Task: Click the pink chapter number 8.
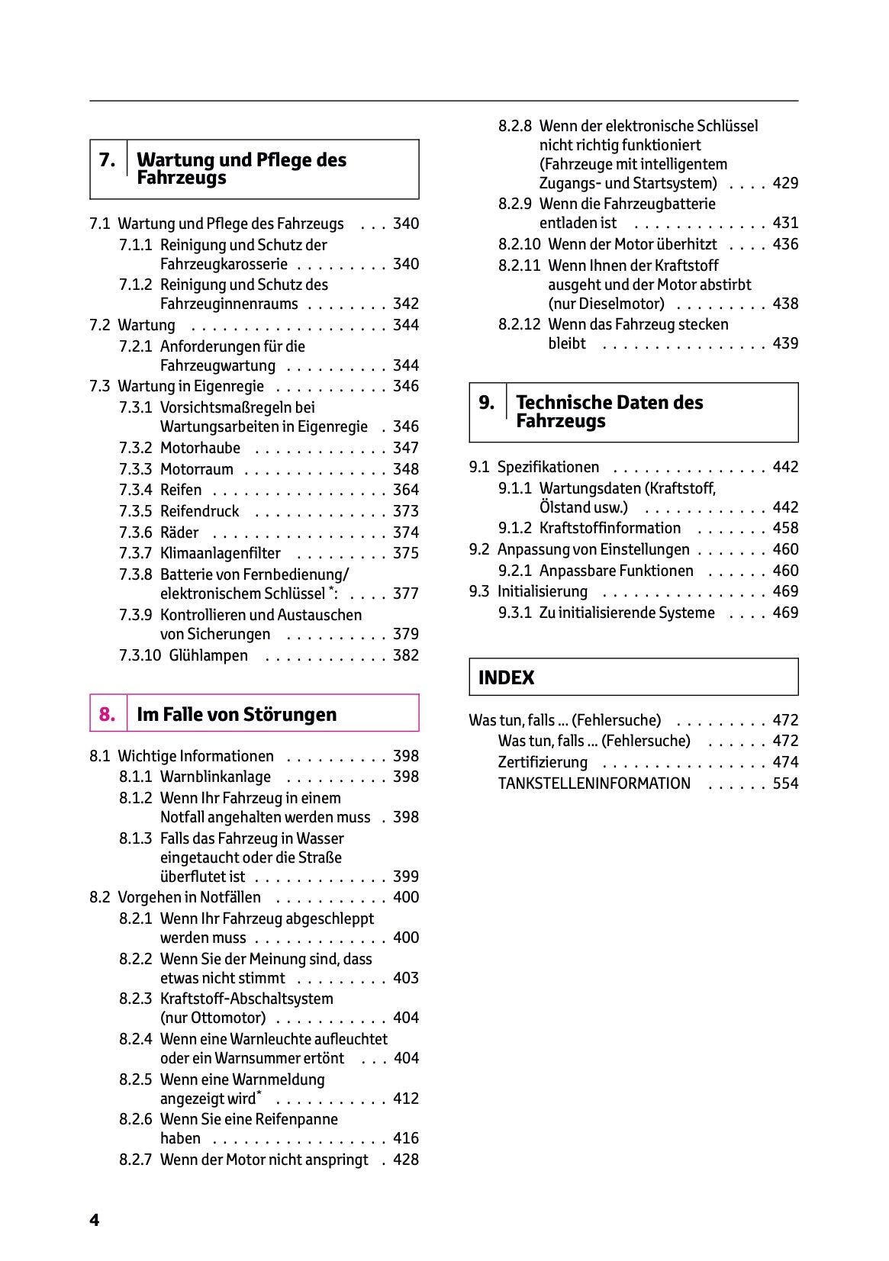107,715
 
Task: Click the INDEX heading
506,677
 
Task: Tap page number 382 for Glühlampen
405,655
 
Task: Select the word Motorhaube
200,448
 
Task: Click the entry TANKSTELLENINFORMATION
594,783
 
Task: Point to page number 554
785,783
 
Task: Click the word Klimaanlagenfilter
220,553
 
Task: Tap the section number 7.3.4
135,490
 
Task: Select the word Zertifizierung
543,762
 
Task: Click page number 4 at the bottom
94,1221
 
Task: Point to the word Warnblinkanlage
215,777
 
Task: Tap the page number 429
785,183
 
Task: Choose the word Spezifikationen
548,467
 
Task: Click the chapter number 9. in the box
486,403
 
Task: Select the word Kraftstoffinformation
610,528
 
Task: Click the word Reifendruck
199,511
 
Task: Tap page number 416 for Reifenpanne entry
405,1138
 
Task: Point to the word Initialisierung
542,591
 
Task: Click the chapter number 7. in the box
107,160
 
